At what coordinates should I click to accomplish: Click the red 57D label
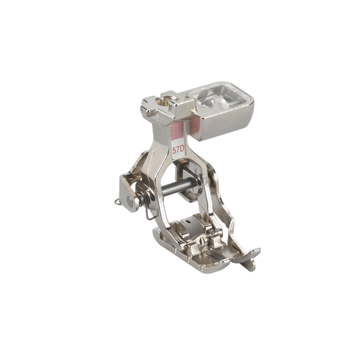178,150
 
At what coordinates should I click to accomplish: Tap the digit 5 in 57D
174,151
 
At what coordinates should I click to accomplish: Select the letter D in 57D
182,150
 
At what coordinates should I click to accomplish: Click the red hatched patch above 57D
177,130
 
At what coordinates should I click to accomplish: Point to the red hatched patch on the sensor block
195,126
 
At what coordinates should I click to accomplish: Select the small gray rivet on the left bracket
130,201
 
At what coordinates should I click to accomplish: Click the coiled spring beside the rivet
143,197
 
